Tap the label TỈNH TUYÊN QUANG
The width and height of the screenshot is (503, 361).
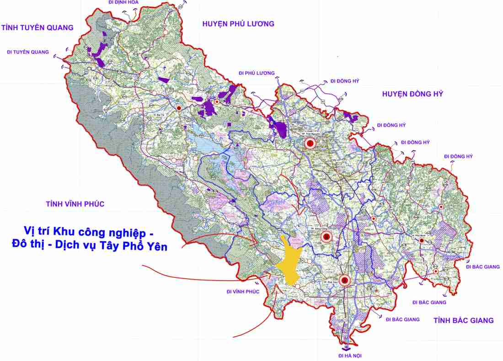37,27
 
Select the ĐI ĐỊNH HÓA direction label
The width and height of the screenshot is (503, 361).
123,2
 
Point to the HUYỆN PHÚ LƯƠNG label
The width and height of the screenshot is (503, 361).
238,24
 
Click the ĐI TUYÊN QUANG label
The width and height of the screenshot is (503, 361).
28,52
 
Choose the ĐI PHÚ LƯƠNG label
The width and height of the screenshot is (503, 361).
257,73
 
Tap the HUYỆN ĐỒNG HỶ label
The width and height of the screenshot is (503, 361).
412,94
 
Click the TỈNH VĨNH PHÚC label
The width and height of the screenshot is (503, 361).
75,204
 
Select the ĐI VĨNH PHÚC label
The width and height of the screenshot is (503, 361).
243,292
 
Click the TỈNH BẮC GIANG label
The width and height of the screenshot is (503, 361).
464,320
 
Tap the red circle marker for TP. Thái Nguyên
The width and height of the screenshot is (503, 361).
310,143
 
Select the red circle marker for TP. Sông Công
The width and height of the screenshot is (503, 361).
326,237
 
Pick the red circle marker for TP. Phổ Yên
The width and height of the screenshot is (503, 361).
344,280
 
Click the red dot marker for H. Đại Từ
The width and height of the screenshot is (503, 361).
179,108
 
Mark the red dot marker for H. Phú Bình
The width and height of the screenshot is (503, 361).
422,240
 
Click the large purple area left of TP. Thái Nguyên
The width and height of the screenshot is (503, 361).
280,127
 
